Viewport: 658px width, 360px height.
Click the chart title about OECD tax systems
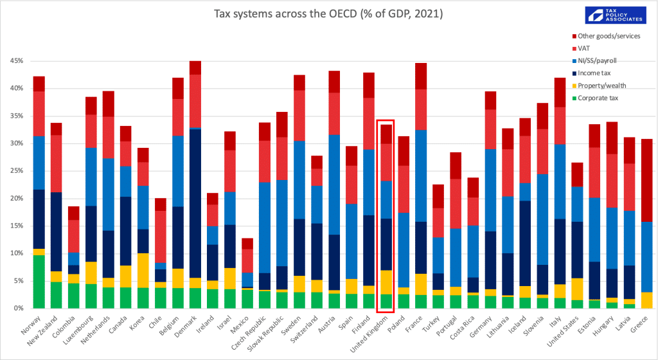tap(328, 14)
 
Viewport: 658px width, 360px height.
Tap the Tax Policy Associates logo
tap(616, 15)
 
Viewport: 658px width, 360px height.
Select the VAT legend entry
tap(581, 48)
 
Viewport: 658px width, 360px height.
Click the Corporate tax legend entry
tap(594, 98)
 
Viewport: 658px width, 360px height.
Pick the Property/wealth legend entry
tap(599, 85)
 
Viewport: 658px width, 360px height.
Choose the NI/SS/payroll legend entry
tap(594, 61)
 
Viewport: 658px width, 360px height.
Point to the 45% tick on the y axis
tap(17, 61)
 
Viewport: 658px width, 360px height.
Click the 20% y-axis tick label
tap(17, 199)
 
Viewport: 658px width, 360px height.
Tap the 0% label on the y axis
tap(19, 309)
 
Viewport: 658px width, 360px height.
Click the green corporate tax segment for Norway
tap(39, 282)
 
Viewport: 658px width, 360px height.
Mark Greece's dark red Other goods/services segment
tap(646, 181)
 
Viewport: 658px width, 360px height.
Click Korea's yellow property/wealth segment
tap(143, 270)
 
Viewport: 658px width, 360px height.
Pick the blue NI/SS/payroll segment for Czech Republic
tap(264, 228)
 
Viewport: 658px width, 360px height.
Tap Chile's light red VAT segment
tap(160, 237)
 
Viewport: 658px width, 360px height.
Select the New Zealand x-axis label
tap(44, 331)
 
